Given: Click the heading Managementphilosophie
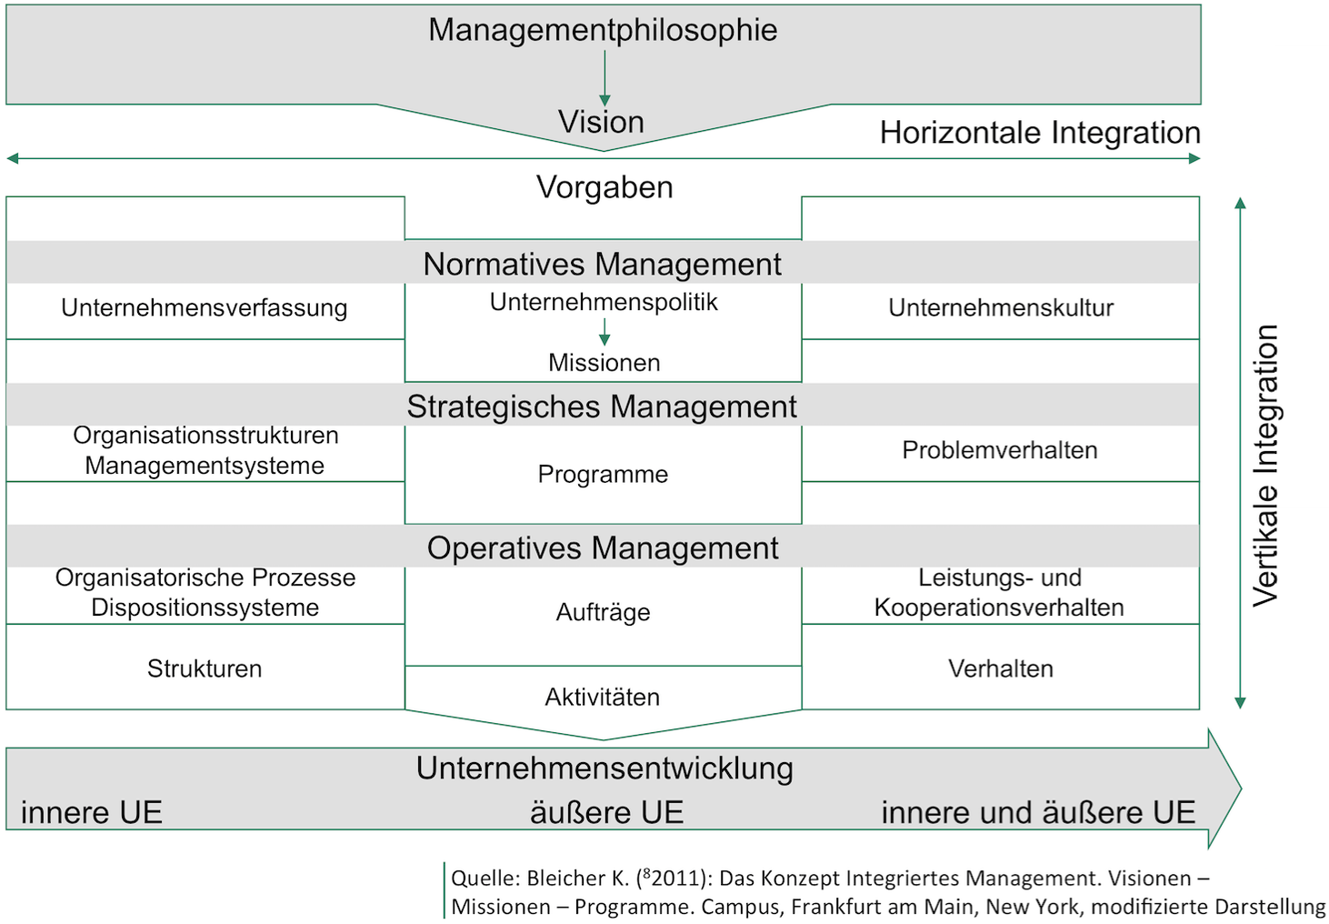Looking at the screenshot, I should click(x=603, y=30).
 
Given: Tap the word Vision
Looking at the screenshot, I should click(x=601, y=122).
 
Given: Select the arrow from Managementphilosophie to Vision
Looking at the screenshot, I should click(x=605, y=78).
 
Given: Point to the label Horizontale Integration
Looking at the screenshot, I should click(x=1039, y=133).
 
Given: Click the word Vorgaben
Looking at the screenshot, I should click(x=605, y=187).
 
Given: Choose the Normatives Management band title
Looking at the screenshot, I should click(x=602, y=264).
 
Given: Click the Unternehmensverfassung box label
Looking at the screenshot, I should click(x=205, y=307).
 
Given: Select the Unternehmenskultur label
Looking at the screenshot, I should click(x=1001, y=307).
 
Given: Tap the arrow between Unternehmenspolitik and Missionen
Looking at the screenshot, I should click(x=605, y=332).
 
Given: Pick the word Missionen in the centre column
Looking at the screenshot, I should click(x=604, y=363).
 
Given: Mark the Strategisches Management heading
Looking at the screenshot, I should click(x=602, y=407).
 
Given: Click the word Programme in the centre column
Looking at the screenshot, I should click(x=603, y=474).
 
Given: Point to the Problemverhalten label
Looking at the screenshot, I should click(x=1000, y=450).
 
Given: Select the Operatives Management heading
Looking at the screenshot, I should click(x=603, y=548).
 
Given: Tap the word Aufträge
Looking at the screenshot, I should click(x=603, y=612).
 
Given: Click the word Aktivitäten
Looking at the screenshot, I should click(x=602, y=697).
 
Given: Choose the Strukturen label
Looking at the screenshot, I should click(x=205, y=668).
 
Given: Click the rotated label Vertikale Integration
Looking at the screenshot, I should click(x=1265, y=465).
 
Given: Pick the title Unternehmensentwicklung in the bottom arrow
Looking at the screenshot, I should click(x=605, y=768).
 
